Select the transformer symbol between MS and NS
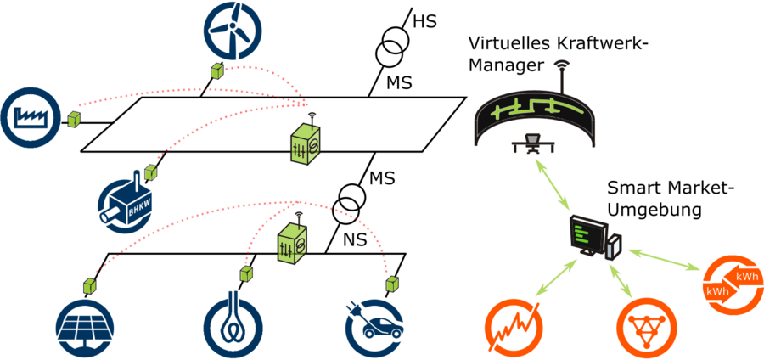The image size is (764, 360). (349, 203)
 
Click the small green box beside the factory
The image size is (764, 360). (74, 119)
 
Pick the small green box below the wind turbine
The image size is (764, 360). (218, 70)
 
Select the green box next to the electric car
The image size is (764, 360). (391, 281)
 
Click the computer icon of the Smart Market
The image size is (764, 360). (595, 237)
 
